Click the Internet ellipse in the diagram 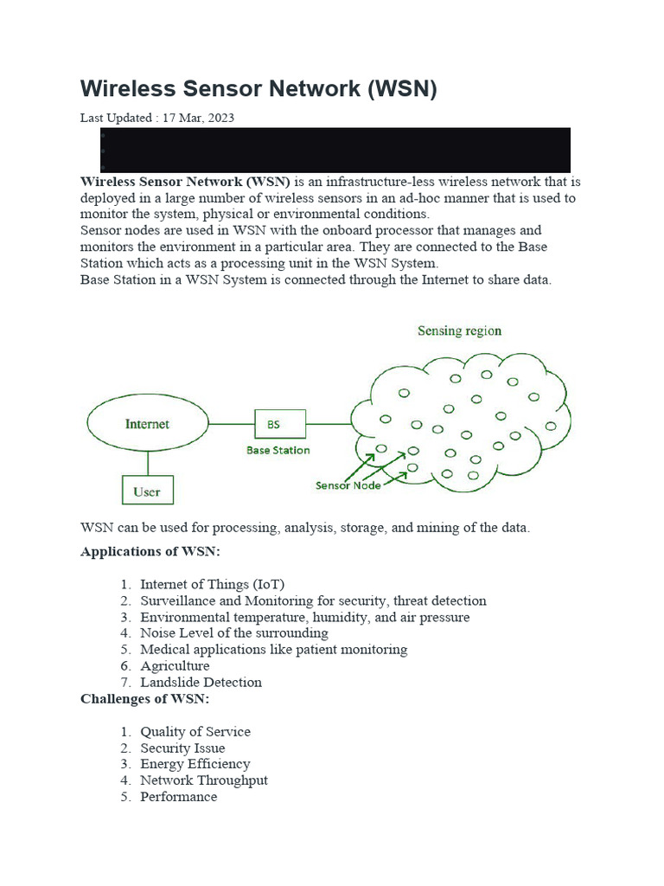tap(147, 424)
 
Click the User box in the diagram tap(147, 491)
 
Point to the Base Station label tap(278, 450)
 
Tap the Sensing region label tap(459, 331)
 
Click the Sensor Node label tap(348, 485)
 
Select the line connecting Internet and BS tap(231, 424)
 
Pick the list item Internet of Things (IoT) tap(212, 585)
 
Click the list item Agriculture tap(175, 666)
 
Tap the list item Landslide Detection tap(201, 683)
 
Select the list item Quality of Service tap(195, 732)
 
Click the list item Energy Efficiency tap(195, 764)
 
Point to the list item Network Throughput tap(204, 780)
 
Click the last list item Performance tap(179, 797)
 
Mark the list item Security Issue tap(182, 748)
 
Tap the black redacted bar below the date tap(335, 150)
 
